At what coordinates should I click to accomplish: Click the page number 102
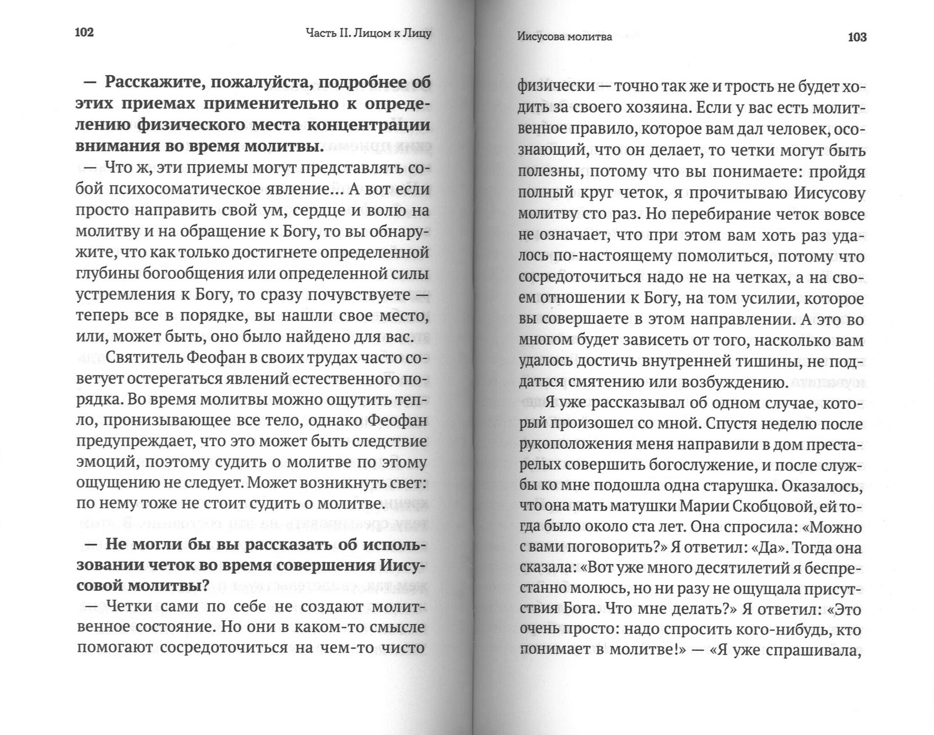tap(83, 32)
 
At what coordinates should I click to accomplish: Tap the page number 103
tap(856, 37)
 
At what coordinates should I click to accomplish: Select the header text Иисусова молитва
tap(564, 37)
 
